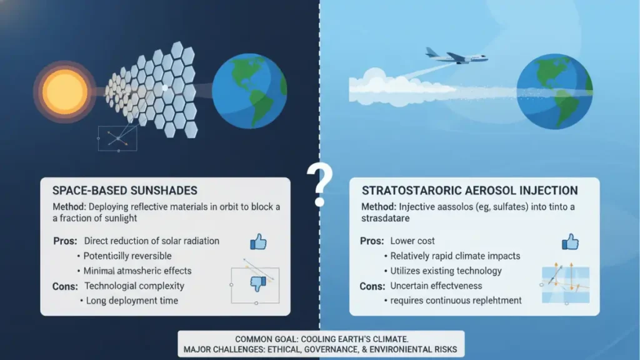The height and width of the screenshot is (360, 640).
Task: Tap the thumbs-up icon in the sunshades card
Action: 258,242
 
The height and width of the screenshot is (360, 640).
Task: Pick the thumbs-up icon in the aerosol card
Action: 569,241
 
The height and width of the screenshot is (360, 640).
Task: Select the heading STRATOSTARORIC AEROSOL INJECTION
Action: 469,191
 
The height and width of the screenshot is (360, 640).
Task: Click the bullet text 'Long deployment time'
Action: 131,301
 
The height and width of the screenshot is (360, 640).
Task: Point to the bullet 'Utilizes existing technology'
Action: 446,271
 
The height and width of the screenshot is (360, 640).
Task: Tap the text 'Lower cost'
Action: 412,241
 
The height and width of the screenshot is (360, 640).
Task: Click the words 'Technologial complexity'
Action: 134,286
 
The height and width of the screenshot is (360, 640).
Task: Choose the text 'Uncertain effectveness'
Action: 436,286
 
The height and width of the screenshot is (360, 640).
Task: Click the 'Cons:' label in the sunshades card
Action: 65,286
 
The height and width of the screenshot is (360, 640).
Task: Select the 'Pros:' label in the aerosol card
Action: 372,241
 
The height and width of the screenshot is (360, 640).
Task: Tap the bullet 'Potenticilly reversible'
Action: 127,256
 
